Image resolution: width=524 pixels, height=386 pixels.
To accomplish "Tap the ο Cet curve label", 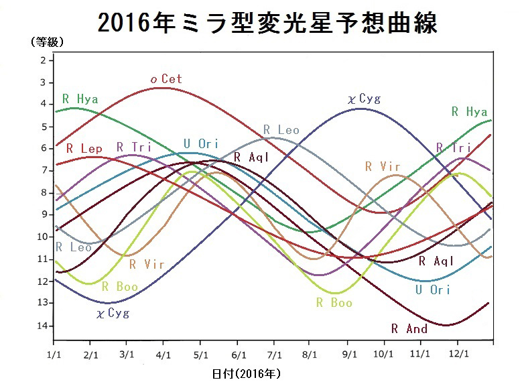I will coord(166,79).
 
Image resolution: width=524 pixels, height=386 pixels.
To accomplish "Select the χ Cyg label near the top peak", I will coord(364,99).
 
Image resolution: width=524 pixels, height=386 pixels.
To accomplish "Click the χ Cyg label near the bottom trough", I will coord(113,313).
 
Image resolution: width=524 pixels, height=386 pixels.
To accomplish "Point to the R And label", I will coord(409,328).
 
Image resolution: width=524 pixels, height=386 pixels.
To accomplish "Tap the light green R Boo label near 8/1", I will coord(334,302).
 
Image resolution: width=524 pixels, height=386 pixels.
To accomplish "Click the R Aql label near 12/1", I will coord(436,261).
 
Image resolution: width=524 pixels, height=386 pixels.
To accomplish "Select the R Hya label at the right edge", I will coord(469,112).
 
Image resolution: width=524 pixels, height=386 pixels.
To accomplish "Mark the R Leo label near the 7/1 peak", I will coord(281,130).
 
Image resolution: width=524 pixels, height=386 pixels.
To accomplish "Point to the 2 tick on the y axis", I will coord(43,60).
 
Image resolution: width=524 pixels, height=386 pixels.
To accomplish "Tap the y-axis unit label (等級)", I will coord(47,42).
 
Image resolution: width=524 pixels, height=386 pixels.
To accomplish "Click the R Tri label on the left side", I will coord(133,147).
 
